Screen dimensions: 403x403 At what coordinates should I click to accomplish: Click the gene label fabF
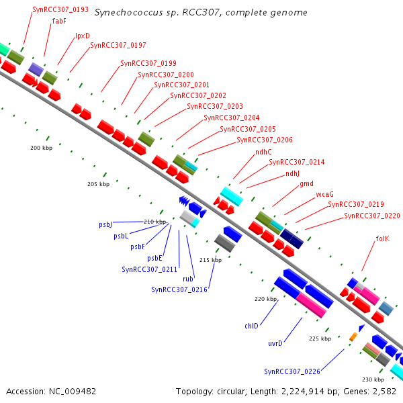pyautogui.click(x=59, y=21)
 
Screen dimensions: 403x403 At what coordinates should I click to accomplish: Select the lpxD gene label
pyautogui.click(x=83, y=36)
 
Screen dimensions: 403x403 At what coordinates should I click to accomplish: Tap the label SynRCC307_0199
pyautogui.click(x=148, y=63)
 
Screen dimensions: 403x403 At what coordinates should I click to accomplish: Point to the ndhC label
pyautogui.click(x=263, y=152)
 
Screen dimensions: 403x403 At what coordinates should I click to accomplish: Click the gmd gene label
pyautogui.click(x=306, y=184)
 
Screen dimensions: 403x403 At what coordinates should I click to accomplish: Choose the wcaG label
pyautogui.click(x=324, y=194)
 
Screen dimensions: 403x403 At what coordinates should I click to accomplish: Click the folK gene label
pyautogui.click(x=383, y=238)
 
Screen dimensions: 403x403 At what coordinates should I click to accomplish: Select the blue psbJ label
pyautogui.click(x=105, y=224)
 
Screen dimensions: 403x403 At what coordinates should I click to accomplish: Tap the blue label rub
pyautogui.click(x=188, y=279)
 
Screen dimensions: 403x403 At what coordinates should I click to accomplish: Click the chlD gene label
pyautogui.click(x=251, y=326)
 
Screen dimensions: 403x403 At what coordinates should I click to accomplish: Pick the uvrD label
pyautogui.click(x=275, y=343)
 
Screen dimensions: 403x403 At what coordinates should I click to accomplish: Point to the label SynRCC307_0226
pyautogui.click(x=292, y=371)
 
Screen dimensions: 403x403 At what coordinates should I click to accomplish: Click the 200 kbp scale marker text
pyautogui.click(x=42, y=148)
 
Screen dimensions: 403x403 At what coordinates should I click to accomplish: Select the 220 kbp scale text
pyautogui.click(x=266, y=299)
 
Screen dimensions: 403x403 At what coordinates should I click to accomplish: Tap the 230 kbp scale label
pyautogui.click(x=373, y=379)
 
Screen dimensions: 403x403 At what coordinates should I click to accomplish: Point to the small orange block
pyautogui.click(x=353, y=337)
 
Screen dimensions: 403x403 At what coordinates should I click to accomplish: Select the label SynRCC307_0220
pyautogui.click(x=372, y=216)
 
